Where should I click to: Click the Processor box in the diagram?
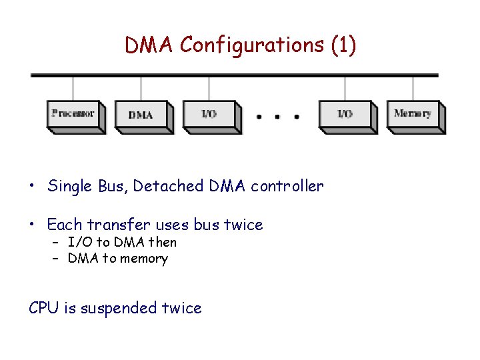(73, 114)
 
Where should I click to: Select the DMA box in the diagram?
(141, 115)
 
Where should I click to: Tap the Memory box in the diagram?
(413, 114)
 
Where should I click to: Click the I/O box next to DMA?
(209, 115)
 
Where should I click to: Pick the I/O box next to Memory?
(345, 115)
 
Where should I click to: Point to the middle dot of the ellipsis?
(277, 117)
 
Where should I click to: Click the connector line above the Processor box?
(73, 88)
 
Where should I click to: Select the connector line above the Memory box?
(413, 88)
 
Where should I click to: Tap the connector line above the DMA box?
(141, 88)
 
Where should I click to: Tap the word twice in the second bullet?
(243, 225)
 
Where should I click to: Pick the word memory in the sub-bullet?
(145, 259)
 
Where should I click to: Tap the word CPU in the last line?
(44, 308)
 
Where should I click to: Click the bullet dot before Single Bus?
(32, 187)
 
